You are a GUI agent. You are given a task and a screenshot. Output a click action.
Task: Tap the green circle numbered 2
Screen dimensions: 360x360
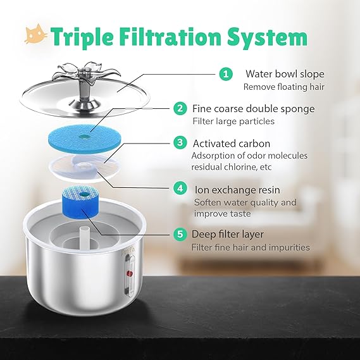click(181, 108)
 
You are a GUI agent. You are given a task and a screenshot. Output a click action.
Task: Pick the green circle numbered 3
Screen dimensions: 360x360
click(181, 142)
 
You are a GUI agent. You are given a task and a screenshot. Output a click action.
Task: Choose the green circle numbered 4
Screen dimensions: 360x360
click(181, 189)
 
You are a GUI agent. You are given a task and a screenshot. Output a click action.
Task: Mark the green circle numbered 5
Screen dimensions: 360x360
click(181, 235)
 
